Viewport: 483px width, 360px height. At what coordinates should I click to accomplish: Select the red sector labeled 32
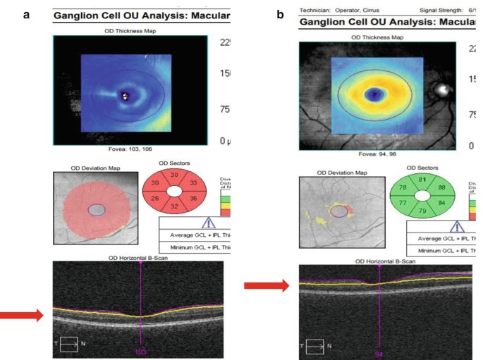click(175, 209)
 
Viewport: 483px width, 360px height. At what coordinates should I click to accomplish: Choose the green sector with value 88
click(442, 187)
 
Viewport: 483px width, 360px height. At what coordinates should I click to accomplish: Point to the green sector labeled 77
click(403, 204)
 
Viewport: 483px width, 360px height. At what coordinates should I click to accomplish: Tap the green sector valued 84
click(442, 204)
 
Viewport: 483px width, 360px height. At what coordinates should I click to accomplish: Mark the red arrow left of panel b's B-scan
click(266, 285)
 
